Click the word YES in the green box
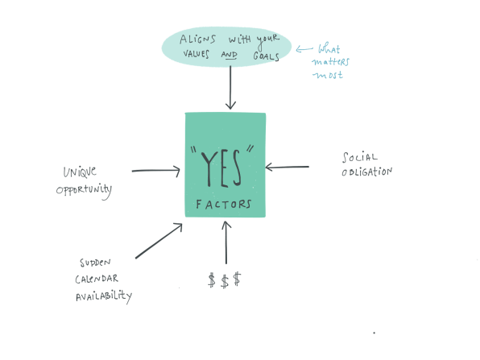click(221, 168)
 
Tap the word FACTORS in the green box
click(224, 205)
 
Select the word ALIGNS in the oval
click(197, 39)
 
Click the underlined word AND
click(229, 55)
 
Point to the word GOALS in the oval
click(266, 56)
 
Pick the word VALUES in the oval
click(197, 54)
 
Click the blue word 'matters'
click(331, 61)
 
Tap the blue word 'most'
click(328, 75)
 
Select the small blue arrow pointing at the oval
click(304, 49)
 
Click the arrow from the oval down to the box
click(230, 88)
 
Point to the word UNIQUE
click(80, 172)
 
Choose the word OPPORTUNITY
click(84, 191)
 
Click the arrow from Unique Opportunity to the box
click(156, 171)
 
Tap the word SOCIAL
click(360, 157)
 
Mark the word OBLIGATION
click(366, 172)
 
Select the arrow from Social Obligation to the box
click(288, 168)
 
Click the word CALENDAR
click(97, 279)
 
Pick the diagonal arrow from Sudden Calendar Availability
click(159, 241)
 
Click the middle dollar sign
click(225, 281)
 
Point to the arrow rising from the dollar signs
click(226, 242)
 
